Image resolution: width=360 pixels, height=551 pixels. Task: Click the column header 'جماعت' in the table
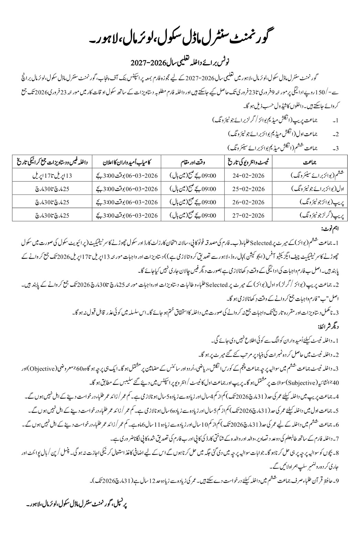coord(311,162)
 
